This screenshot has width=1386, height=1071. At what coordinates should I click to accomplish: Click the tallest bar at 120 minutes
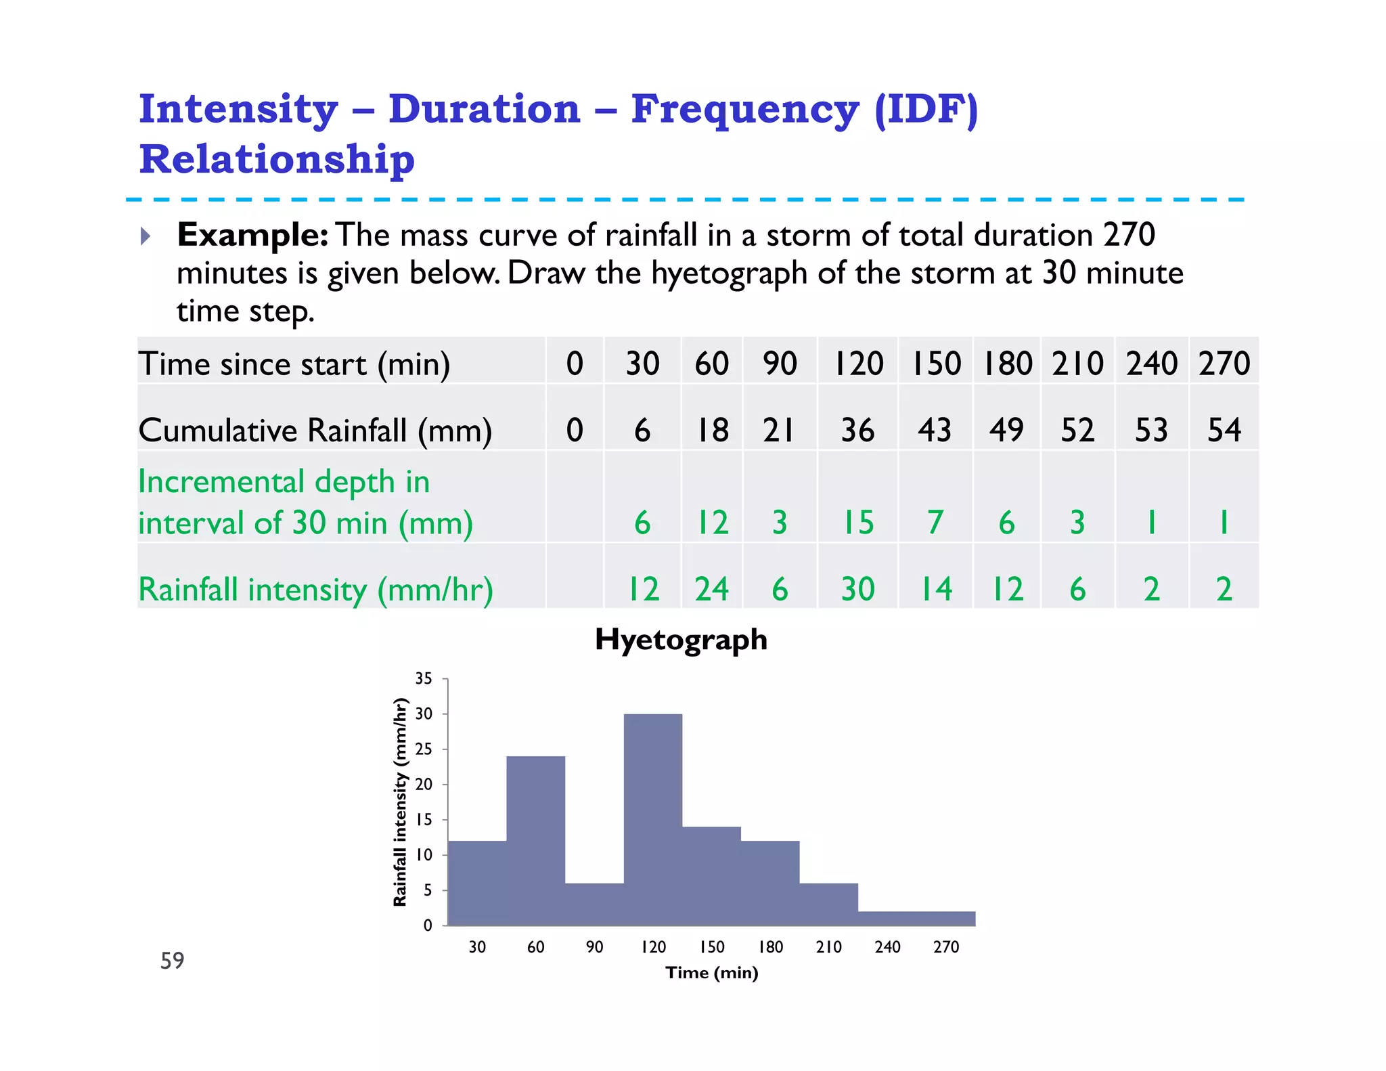(652, 819)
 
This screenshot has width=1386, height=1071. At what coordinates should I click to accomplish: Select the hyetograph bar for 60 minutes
(535, 840)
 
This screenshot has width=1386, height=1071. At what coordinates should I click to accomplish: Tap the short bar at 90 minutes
(594, 904)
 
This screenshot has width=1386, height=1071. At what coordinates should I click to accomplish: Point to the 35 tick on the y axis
(424, 678)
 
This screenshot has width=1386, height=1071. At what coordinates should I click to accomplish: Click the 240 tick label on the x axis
(887, 947)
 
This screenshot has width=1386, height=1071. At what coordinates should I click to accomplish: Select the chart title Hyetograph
(681, 640)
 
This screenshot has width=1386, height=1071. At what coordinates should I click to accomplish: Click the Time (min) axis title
(711, 973)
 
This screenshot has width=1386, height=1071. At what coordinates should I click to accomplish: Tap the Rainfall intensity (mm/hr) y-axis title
(400, 802)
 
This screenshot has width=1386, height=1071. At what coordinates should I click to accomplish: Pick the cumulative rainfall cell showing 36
(857, 431)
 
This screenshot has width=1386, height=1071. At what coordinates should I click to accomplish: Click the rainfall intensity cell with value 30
(857, 589)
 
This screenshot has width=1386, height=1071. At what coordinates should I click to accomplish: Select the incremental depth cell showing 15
(857, 523)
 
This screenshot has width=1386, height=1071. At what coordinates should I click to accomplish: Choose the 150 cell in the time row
(936, 364)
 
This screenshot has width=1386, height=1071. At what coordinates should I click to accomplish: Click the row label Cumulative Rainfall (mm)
(315, 431)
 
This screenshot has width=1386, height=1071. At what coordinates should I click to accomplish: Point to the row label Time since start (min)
(294, 364)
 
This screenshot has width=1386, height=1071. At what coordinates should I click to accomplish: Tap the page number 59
(172, 960)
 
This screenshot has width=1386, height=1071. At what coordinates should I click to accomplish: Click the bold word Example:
(252, 235)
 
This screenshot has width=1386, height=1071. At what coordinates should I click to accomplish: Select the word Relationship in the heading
(277, 160)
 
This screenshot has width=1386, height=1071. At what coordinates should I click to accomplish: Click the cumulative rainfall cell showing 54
(1224, 431)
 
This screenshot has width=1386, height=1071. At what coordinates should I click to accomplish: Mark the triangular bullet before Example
(146, 236)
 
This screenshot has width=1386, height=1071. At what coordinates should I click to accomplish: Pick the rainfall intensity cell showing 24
(711, 589)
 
